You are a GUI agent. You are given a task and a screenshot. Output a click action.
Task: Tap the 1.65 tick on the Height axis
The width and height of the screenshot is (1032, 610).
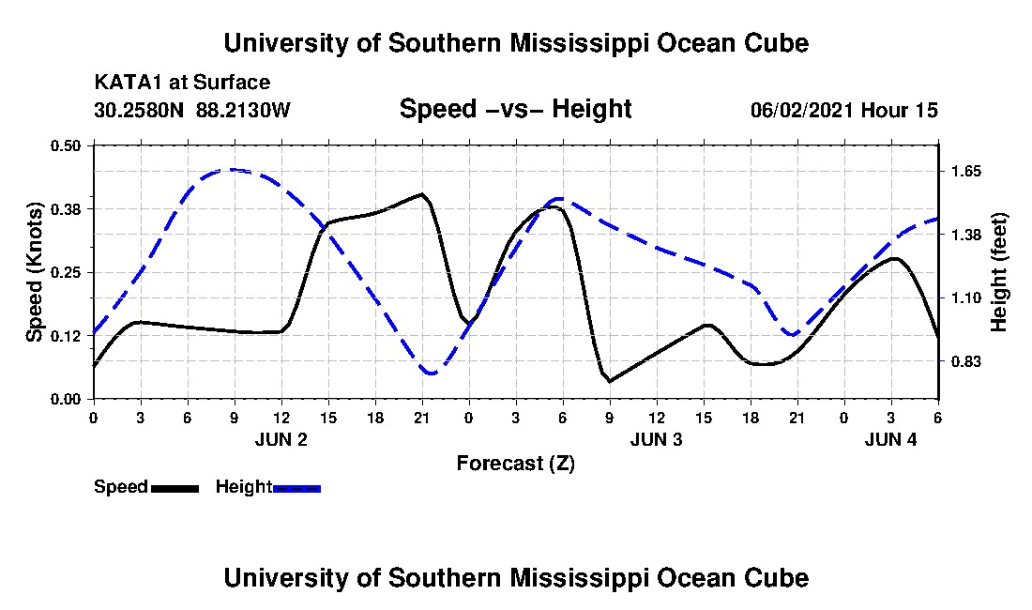pos(965,171)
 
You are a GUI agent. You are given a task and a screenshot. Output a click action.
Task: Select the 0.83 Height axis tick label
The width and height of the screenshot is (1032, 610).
pos(965,361)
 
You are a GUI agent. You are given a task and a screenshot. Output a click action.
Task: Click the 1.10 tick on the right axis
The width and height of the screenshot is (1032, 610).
pos(965,297)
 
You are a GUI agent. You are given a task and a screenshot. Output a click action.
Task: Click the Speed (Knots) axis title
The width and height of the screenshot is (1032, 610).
pos(35,272)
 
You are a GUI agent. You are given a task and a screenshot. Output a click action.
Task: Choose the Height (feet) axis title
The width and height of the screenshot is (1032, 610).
pos(998,272)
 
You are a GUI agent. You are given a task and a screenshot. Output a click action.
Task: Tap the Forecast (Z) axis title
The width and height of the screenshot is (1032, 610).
pos(515,463)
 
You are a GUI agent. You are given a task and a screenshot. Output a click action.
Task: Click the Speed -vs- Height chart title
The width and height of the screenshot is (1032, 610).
pos(515,109)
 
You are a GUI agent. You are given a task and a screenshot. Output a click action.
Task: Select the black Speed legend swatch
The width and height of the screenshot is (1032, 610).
pos(175,487)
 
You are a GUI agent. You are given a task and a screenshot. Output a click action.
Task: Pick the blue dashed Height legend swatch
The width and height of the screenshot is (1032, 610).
pos(296,487)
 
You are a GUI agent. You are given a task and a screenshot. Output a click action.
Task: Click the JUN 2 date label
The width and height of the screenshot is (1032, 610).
pos(281,439)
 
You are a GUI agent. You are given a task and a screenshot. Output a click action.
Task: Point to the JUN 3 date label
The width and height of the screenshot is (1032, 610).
pos(656,439)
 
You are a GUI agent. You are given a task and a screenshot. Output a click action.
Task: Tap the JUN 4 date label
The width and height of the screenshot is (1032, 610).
pos(890,439)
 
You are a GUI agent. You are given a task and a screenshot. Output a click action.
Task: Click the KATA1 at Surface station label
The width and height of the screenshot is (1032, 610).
pos(182,83)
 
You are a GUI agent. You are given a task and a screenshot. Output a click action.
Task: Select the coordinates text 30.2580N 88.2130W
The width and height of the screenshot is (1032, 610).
pos(192,110)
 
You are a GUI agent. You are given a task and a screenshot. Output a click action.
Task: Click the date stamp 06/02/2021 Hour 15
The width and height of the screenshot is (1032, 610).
pos(843,110)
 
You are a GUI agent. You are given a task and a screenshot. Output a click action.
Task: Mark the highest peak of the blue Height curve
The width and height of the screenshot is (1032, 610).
pos(232,170)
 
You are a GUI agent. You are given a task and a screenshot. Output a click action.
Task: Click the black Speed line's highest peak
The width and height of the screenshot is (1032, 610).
pos(422,194)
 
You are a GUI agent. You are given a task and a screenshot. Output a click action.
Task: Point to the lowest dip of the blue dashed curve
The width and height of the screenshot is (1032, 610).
pos(431,374)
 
